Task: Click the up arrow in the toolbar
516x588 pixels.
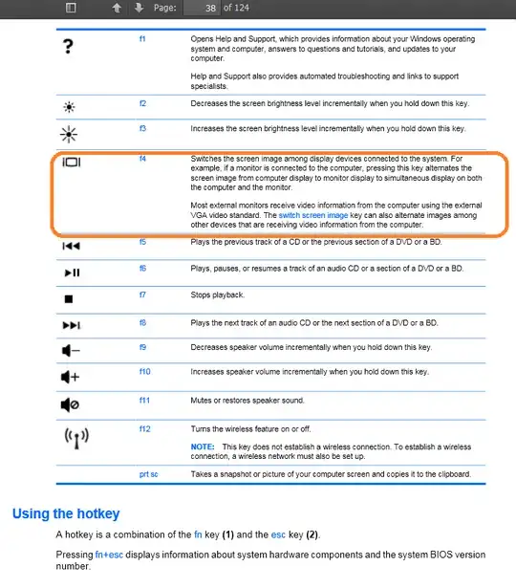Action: coord(117,8)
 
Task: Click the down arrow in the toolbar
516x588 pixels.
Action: coord(139,8)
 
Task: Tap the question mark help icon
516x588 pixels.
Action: coord(69,47)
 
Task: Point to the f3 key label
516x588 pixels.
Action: coord(142,127)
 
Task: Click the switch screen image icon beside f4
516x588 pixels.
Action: coord(73,163)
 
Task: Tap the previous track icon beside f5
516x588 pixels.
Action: coord(73,247)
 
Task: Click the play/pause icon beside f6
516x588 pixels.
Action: coord(73,272)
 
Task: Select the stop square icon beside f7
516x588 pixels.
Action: coord(69,297)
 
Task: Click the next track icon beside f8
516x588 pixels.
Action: coord(73,324)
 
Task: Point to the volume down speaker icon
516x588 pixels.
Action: coord(72,349)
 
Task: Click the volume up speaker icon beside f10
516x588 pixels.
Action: coord(72,376)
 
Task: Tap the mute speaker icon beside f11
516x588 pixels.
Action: coord(72,403)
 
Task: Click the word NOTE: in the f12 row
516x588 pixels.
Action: coord(202,446)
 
